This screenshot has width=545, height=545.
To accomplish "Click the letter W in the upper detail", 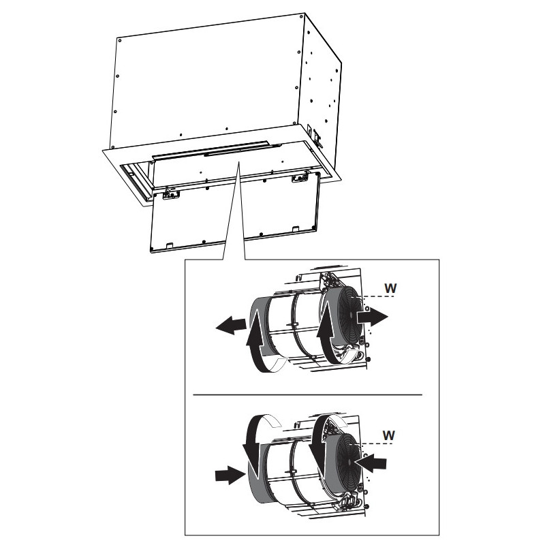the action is click(x=390, y=288).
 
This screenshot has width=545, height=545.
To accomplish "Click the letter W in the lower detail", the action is click(x=388, y=435).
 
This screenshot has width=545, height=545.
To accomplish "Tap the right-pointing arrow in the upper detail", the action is click(x=372, y=317).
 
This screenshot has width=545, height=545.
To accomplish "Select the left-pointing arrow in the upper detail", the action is click(x=231, y=325).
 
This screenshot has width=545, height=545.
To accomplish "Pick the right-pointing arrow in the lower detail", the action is click(x=230, y=474).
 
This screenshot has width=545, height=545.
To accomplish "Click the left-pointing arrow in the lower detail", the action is click(x=370, y=463).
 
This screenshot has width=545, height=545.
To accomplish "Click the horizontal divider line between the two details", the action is click(x=308, y=395).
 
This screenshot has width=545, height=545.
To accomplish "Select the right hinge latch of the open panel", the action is click(x=300, y=178).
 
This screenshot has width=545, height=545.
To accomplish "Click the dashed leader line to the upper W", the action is click(x=378, y=297).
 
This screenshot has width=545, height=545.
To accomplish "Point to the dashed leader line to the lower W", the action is click(x=377, y=444).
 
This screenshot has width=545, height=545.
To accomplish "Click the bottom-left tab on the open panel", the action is click(x=170, y=245).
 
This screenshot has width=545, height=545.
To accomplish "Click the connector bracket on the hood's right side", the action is click(x=317, y=138).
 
